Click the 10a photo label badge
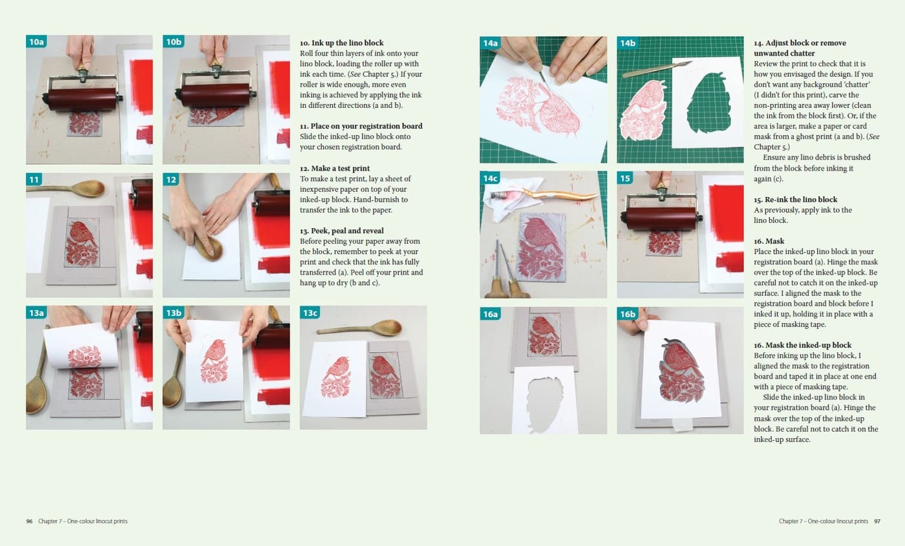pos(36,41)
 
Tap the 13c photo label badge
pos(310,313)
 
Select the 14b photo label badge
pos(628,43)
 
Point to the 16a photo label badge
pos(490,314)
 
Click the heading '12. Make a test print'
pos(335,169)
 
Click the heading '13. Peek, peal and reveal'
pos(342,231)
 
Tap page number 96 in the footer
pos(29,521)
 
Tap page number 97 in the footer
pos(877,521)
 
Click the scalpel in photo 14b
pos(657,70)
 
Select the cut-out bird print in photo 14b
pos(643,109)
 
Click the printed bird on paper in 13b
pos(214,361)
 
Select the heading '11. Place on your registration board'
pos(361,126)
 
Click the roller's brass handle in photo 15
pos(660,184)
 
